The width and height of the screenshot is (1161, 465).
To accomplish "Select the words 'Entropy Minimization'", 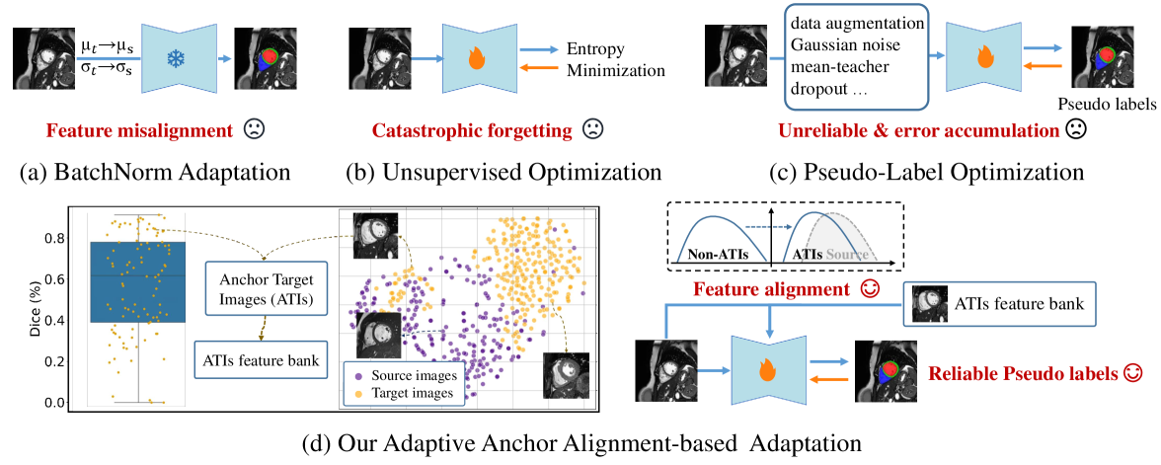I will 616,59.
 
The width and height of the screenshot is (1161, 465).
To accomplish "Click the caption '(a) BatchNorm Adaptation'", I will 154,172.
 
